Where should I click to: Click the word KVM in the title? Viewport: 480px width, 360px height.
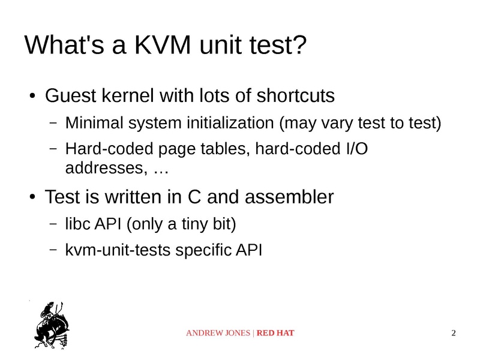click(163, 45)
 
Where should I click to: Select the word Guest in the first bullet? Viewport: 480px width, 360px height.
click(71, 95)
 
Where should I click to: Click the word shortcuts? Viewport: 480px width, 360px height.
click(295, 95)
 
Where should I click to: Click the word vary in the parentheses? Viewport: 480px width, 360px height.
click(337, 124)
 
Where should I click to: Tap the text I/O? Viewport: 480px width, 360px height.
click(357, 149)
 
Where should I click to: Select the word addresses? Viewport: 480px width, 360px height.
click(104, 168)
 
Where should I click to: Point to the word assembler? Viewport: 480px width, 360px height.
click(289, 197)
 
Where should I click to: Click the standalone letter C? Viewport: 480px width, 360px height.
click(194, 197)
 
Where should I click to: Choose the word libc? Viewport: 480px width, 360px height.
click(78, 223)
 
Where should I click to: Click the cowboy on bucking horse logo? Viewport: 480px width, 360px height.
click(52, 325)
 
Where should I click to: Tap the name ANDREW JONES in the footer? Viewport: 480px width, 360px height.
click(218, 333)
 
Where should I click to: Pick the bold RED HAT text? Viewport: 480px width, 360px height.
click(275, 333)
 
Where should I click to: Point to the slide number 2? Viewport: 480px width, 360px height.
click(454, 333)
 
